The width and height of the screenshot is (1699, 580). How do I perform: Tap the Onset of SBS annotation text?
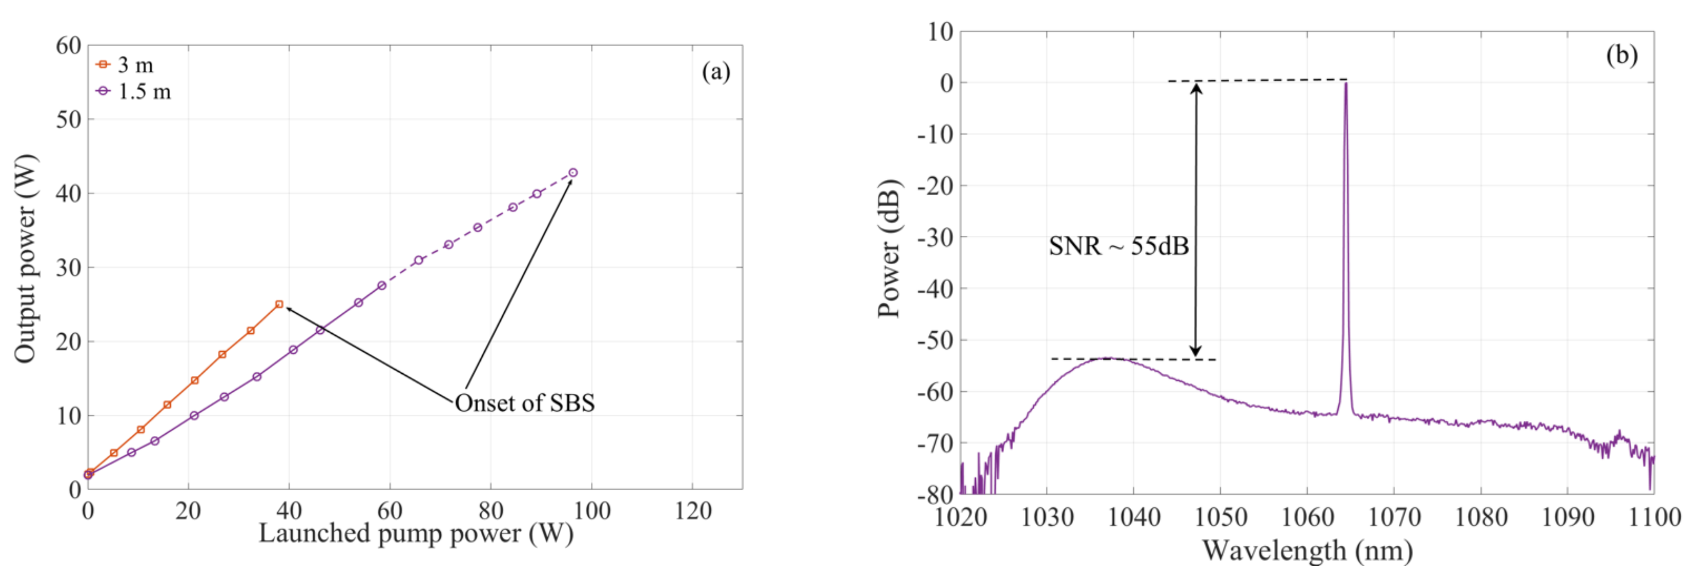[524, 402]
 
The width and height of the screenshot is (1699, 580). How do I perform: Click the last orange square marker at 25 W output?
[279, 304]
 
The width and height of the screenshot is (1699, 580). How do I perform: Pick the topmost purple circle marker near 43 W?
[573, 173]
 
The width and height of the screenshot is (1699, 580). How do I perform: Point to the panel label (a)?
[716, 71]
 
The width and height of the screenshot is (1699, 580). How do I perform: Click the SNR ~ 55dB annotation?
[1119, 246]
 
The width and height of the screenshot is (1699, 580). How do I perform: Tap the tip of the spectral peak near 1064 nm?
[1345, 84]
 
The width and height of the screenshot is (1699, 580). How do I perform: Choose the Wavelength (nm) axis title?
[1307, 550]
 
